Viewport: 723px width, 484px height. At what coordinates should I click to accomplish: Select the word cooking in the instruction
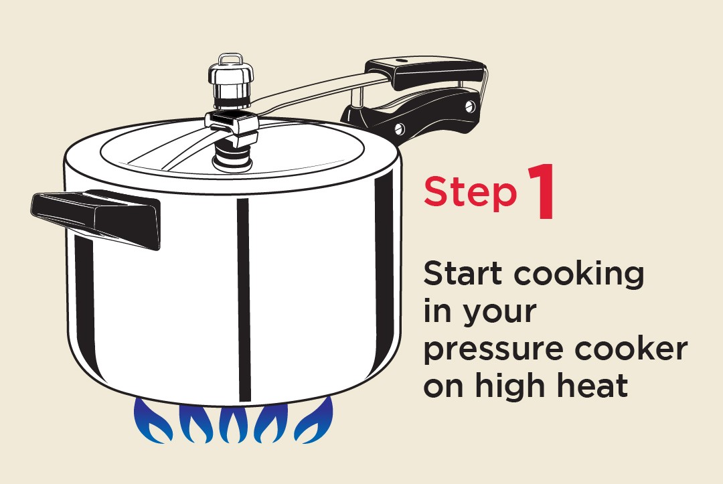(578, 274)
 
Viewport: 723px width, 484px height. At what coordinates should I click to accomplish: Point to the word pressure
(493, 350)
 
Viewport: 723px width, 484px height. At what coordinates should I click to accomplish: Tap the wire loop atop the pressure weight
(230, 60)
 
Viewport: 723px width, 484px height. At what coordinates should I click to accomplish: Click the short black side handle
(96, 219)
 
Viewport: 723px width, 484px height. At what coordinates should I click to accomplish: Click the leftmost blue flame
(153, 421)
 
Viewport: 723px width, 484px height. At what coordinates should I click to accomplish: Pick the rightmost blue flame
(313, 420)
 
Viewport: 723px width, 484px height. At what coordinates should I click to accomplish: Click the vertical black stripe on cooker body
(244, 300)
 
